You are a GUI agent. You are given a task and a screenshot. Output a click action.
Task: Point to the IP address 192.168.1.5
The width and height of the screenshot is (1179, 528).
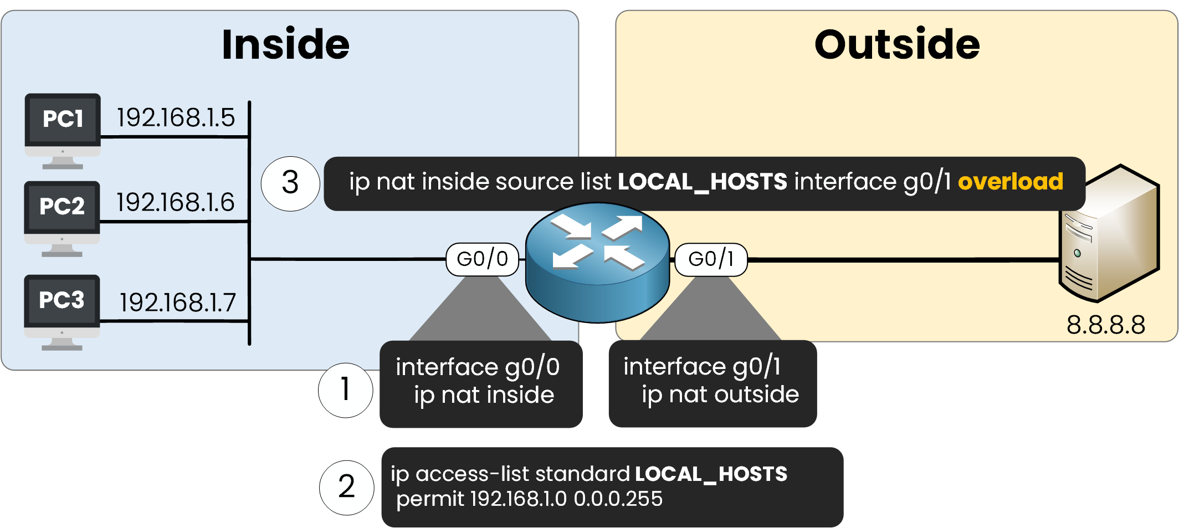[x=176, y=117]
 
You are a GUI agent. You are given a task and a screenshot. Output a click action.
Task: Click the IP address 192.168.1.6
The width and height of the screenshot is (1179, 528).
[x=175, y=202]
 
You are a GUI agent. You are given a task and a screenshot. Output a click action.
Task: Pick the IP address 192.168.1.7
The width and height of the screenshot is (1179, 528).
[x=178, y=303]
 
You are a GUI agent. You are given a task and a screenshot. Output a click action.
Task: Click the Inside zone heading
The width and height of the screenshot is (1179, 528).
[x=285, y=44]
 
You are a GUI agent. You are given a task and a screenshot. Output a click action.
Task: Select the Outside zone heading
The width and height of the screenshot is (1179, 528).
[x=896, y=44]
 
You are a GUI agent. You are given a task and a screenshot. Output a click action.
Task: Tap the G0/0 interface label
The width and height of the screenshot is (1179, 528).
[x=482, y=259]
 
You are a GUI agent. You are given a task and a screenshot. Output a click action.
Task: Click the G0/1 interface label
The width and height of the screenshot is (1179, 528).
[x=711, y=259]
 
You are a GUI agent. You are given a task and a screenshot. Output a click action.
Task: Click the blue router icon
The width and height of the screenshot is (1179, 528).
[x=597, y=262]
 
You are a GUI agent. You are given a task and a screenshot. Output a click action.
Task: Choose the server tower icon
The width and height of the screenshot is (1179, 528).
[x=1108, y=233]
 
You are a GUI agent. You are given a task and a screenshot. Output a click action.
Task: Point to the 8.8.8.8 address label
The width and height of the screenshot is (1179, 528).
[x=1105, y=325]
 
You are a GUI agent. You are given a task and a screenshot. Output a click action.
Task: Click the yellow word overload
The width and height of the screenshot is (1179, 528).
[x=1010, y=182]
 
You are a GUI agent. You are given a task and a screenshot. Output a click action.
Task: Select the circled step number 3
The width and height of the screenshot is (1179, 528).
[x=290, y=183]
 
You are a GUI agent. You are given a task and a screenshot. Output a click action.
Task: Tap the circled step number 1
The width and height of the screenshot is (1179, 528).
[x=345, y=389]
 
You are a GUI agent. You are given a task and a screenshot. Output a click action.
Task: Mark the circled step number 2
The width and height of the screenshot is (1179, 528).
[x=346, y=487]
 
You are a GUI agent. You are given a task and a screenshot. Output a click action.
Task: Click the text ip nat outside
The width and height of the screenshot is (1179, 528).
[x=720, y=394]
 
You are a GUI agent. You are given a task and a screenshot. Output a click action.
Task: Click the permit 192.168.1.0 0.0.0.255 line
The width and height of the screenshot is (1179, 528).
[x=529, y=499]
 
